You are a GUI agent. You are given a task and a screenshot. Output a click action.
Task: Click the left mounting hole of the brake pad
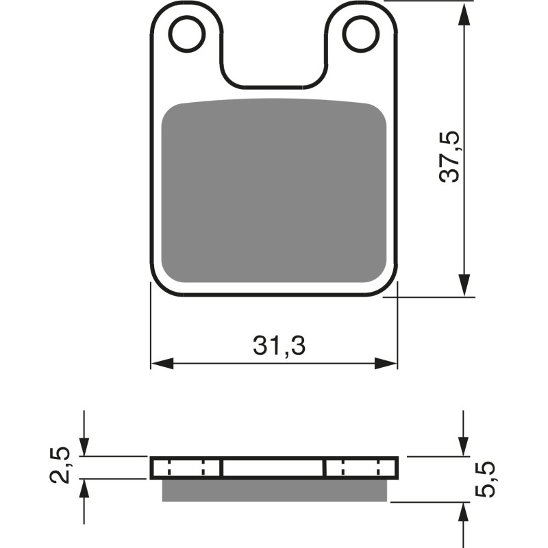point(187,34)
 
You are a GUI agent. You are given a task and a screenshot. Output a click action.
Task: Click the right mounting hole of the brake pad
point(360,34)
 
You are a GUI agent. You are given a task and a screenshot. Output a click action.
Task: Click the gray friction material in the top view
point(274,192)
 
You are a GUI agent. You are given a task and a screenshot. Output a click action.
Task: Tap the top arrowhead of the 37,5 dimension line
point(464,11)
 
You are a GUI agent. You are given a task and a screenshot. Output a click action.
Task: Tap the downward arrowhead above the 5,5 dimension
point(464,446)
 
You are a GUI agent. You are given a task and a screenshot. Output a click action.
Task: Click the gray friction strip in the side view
point(274,490)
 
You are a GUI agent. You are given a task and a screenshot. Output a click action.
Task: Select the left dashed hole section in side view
point(186,469)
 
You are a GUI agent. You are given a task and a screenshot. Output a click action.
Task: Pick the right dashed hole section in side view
point(360,469)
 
